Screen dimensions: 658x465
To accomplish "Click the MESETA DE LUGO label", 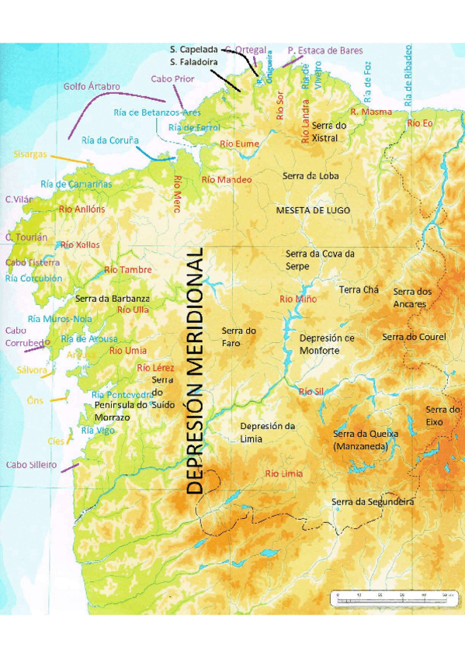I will (313, 210).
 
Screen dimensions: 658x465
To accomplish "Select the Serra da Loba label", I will (311, 176).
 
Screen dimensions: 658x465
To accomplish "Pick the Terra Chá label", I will (359, 289).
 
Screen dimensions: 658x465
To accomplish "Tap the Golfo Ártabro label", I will (92, 86).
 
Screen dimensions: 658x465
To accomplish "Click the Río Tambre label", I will (128, 270).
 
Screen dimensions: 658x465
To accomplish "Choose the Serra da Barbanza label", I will (113, 298).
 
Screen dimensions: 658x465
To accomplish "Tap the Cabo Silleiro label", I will (31, 465).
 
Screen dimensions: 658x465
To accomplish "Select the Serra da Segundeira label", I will (373, 502).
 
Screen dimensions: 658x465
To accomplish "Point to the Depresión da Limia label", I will (268, 432).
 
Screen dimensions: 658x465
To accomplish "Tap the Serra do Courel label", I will (414, 337).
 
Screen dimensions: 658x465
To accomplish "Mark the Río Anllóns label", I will (82, 209).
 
